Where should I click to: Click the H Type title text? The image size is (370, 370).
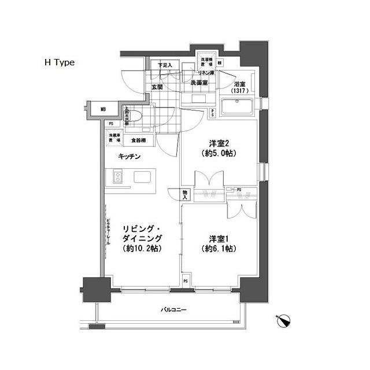(60, 62)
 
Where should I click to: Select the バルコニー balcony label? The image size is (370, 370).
(173, 310)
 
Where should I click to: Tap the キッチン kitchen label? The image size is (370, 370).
(129, 156)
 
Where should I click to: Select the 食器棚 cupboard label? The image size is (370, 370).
(138, 140)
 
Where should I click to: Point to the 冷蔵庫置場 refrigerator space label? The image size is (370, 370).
(114, 139)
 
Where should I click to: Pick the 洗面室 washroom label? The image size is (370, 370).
(199, 83)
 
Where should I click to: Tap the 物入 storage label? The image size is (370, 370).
(185, 195)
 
